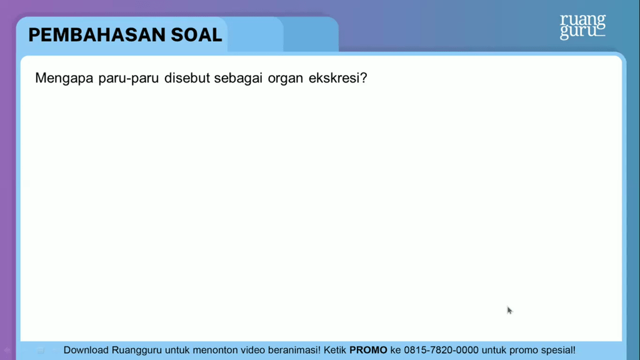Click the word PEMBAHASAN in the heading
[x=97, y=35]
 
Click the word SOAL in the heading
[x=196, y=35]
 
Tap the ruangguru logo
[x=582, y=26]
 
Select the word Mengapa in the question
[x=64, y=78]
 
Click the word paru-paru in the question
[x=129, y=78]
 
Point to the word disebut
[x=187, y=77]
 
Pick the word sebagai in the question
[x=238, y=78]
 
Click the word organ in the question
[x=285, y=78]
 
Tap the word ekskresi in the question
[x=334, y=77]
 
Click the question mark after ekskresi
[x=363, y=77]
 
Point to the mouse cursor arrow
[x=509, y=311]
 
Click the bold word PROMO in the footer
[x=368, y=350]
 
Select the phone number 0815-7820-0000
[x=441, y=350]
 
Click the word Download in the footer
[x=86, y=350]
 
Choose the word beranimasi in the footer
[x=294, y=350]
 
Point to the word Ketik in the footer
[x=335, y=350]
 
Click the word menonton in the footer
[x=215, y=350]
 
